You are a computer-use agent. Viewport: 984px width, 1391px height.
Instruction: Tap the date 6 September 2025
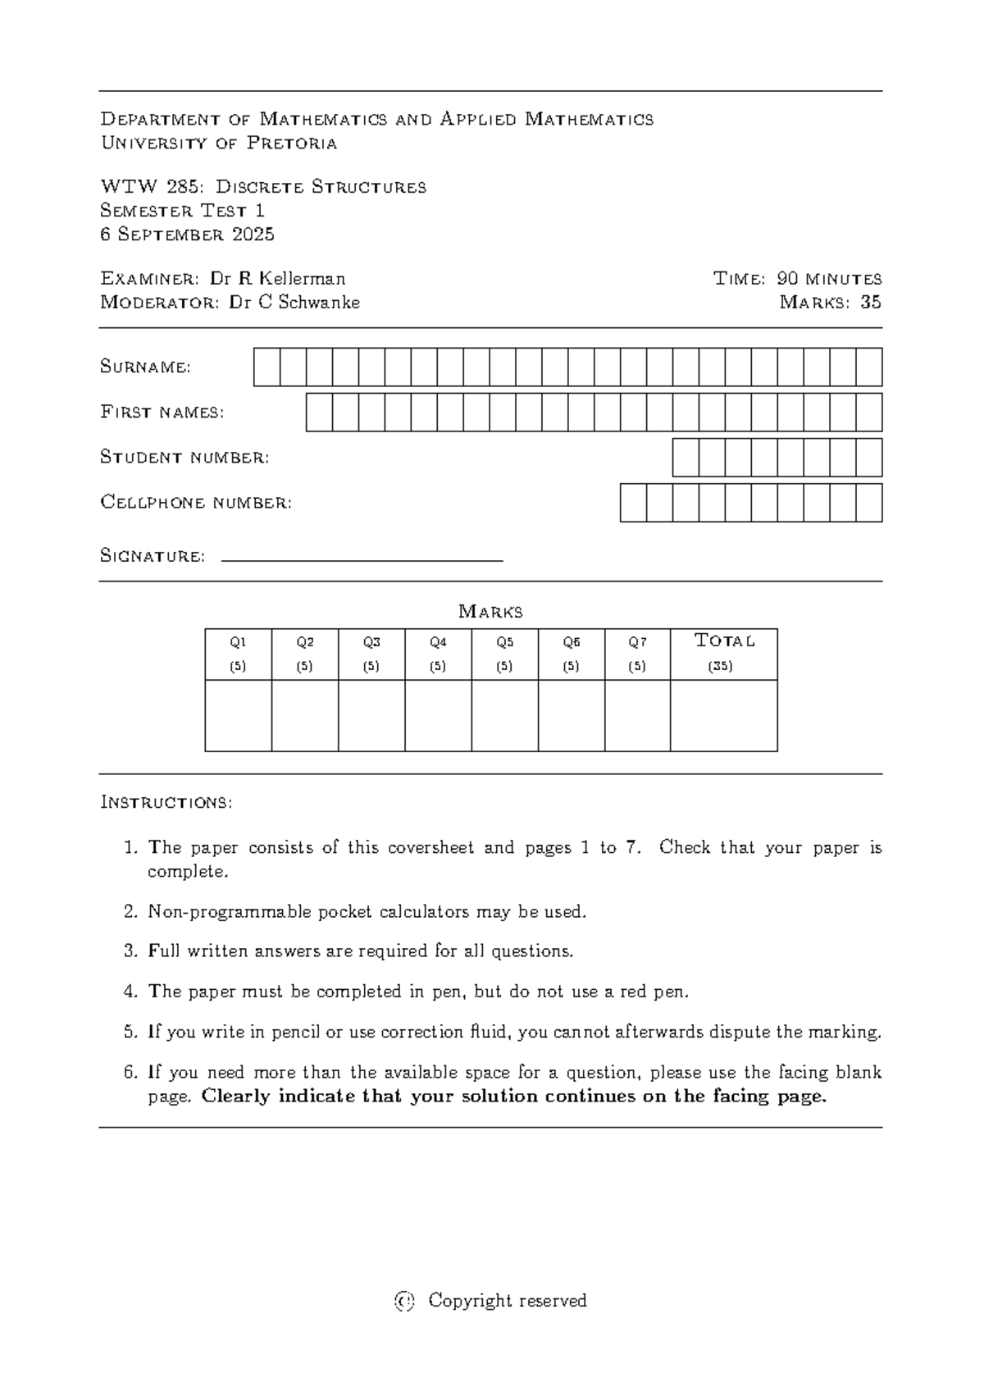point(187,235)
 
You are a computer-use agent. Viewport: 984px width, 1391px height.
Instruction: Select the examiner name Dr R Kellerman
point(277,279)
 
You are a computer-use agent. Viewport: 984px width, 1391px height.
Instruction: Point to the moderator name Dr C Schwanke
point(294,303)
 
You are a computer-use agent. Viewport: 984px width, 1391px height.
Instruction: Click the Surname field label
point(145,367)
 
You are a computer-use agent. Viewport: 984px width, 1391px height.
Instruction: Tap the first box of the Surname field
point(266,367)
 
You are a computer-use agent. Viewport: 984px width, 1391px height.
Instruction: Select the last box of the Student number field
point(869,457)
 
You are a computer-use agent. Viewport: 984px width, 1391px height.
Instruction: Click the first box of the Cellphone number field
point(633,502)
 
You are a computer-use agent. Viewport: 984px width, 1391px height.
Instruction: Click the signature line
point(362,560)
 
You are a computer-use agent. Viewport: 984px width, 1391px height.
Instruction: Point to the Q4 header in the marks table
point(438,642)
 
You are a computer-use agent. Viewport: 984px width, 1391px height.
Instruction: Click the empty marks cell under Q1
point(238,715)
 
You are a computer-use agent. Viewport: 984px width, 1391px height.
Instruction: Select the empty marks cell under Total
point(723,715)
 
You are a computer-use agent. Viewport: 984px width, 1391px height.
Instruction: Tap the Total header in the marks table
point(723,641)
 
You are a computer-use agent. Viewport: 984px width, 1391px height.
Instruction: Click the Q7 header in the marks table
point(637,642)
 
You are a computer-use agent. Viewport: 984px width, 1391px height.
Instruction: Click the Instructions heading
point(166,802)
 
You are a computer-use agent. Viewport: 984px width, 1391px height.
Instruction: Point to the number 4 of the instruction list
point(130,992)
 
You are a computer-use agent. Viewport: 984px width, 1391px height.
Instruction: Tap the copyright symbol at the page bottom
point(405,1301)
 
